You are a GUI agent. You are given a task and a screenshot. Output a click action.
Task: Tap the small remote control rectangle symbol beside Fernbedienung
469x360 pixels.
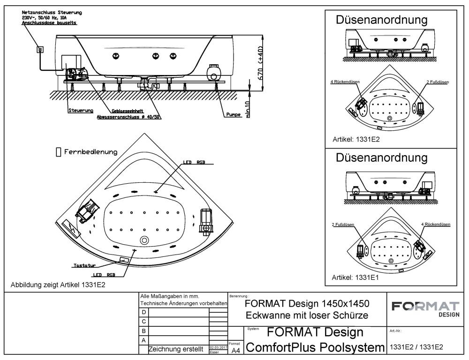pyautogui.click(x=58, y=152)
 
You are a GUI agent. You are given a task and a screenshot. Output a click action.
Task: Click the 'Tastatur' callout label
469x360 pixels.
pyautogui.click(x=84, y=266)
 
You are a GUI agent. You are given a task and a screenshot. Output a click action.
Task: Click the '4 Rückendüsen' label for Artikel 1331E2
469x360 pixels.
pyautogui.click(x=345, y=82)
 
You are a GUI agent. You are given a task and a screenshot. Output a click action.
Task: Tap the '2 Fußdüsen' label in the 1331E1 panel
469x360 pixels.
pyautogui.click(x=342, y=225)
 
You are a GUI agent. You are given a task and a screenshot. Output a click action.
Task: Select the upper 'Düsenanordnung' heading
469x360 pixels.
pyautogui.click(x=381, y=20)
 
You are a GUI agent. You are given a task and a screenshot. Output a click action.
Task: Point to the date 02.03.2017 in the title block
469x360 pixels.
pyautogui.click(x=215, y=347)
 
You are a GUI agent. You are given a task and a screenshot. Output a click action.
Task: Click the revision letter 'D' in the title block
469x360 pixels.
pyautogui.click(x=144, y=312)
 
